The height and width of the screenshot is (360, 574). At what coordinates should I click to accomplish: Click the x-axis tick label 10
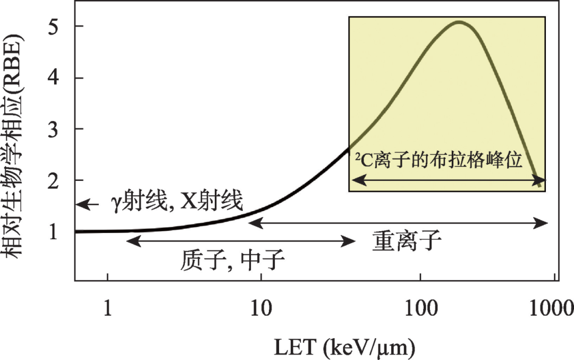(x=260, y=308)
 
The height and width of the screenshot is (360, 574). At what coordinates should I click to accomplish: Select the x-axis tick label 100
(x=420, y=308)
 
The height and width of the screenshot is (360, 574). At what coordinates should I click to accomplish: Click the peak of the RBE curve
(x=459, y=22)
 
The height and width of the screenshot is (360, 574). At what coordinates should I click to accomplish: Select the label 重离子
(x=407, y=242)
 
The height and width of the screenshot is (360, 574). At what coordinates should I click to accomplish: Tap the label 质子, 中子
(x=233, y=261)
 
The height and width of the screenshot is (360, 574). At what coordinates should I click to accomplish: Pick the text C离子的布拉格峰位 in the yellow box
(x=439, y=160)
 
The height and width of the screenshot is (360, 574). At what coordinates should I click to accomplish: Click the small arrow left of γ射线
(x=88, y=204)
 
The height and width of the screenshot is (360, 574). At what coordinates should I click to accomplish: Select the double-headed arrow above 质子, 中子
(x=241, y=241)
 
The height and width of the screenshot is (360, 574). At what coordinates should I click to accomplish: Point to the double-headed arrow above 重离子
(x=399, y=223)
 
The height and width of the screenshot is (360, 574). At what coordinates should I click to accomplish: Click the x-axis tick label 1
(x=107, y=308)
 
